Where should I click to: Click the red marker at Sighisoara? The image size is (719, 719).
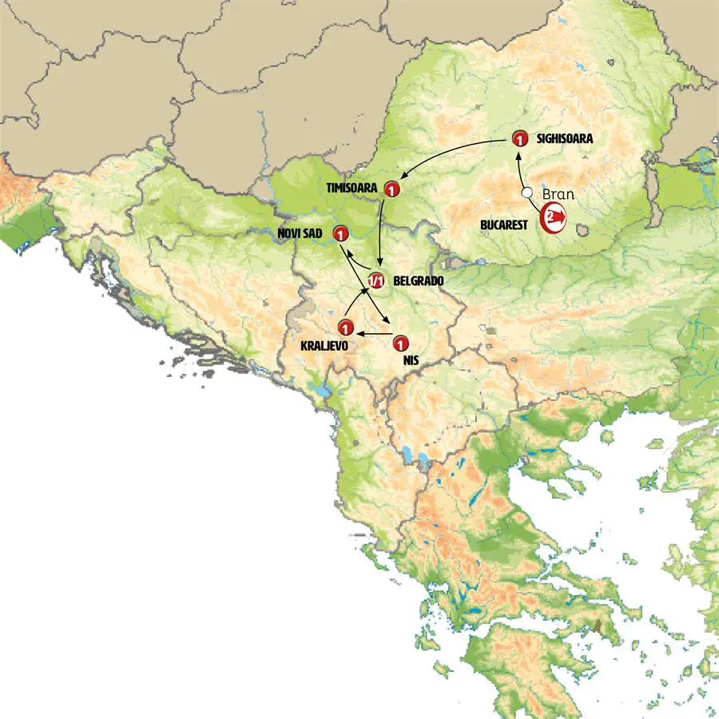pyautogui.click(x=518, y=139)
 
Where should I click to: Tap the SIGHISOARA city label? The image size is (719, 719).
pyautogui.click(x=564, y=139)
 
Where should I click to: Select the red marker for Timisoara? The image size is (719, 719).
pyautogui.click(x=391, y=189)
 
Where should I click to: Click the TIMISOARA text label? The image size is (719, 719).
pyautogui.click(x=353, y=189)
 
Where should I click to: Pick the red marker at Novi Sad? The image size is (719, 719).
pyautogui.click(x=340, y=234)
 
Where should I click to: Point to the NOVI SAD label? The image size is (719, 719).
pyautogui.click(x=300, y=233)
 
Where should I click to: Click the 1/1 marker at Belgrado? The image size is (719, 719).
pyautogui.click(x=377, y=280)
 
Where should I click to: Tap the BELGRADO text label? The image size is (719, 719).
pyautogui.click(x=419, y=282)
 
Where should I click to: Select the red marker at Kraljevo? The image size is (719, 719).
pyautogui.click(x=345, y=327)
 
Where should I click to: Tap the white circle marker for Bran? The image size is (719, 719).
pyautogui.click(x=526, y=193)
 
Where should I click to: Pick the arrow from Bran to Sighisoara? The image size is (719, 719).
pyautogui.click(x=520, y=169)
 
